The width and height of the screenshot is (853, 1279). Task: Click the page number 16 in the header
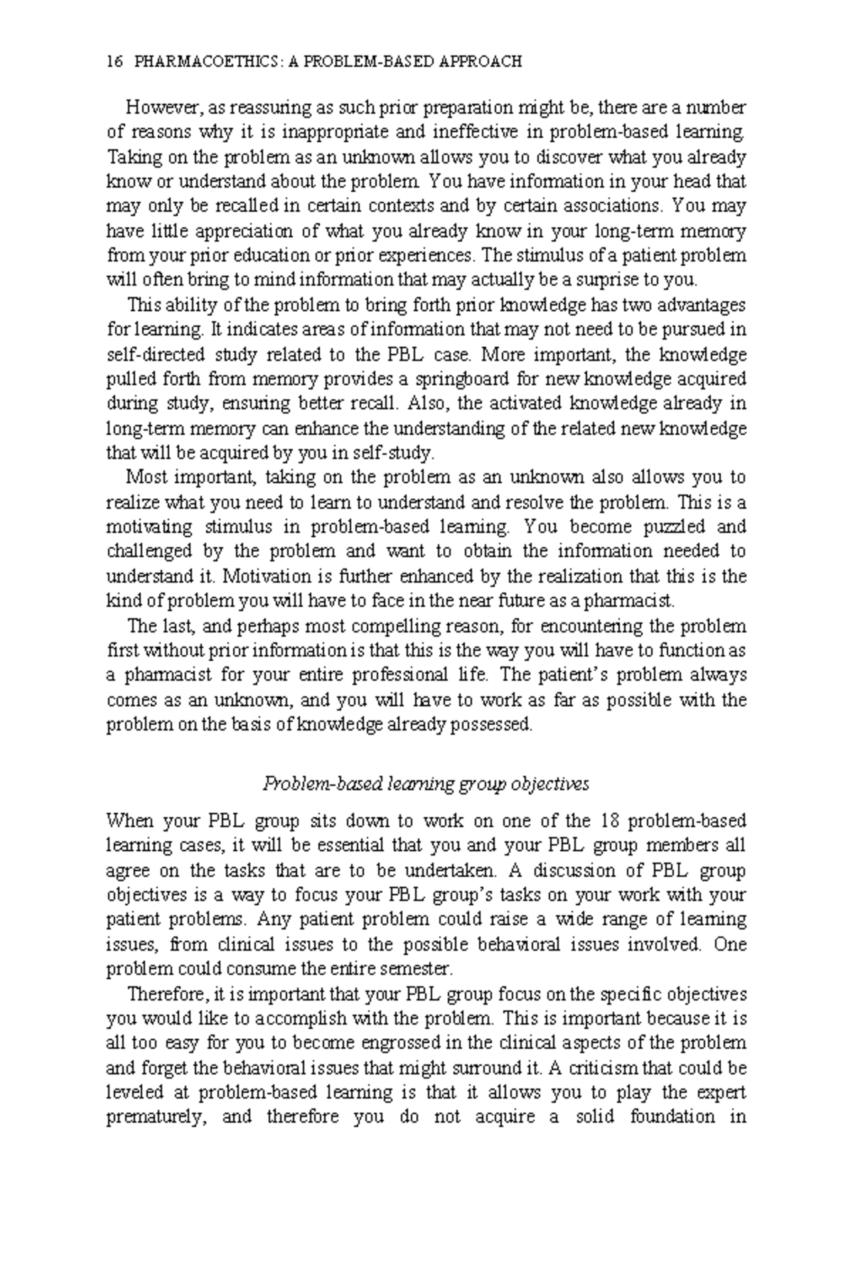point(112,61)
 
